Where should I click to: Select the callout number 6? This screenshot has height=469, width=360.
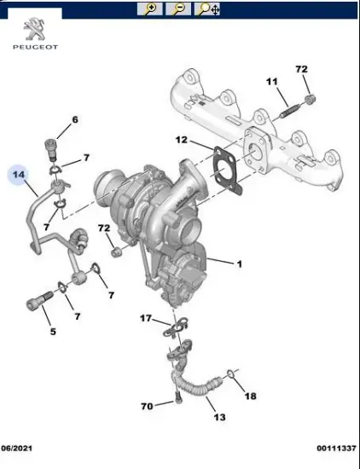(74, 119)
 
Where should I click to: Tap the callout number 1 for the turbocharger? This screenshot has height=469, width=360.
(239, 264)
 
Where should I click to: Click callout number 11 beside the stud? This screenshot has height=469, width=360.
(272, 82)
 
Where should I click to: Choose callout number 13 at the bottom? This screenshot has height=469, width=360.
(218, 417)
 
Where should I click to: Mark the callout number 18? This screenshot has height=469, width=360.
(250, 397)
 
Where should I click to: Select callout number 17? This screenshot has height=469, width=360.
(147, 318)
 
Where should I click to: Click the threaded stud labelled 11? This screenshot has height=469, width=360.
(291, 108)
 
